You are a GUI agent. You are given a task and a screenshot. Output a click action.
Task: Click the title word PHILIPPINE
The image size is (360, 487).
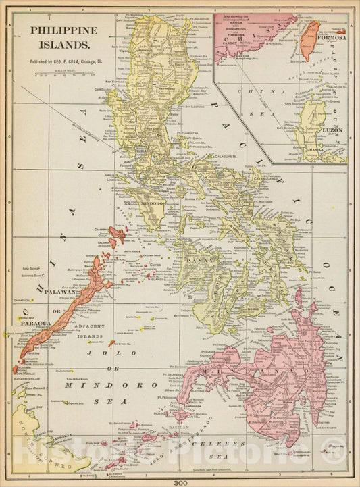tap(63, 30)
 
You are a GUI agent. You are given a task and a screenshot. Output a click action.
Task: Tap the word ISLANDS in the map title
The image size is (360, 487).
tap(63, 45)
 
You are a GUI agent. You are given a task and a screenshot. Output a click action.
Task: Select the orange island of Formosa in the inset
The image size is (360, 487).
tap(309, 39)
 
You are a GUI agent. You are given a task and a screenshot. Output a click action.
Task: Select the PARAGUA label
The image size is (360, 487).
tap(35, 323)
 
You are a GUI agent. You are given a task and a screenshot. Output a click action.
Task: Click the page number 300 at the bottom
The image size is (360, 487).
tap(180, 482)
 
